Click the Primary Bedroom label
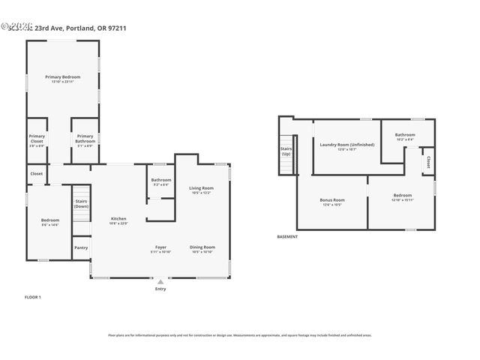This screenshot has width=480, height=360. [x=62, y=77]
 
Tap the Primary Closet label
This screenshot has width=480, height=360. [x=37, y=139]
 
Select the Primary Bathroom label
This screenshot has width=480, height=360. [x=85, y=139]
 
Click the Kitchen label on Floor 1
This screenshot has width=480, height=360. [x=118, y=219]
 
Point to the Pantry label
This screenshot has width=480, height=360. [x=81, y=247]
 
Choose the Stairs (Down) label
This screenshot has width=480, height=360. [x=81, y=203]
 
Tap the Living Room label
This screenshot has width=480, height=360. [x=201, y=188]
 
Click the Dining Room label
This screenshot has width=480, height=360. [x=202, y=247]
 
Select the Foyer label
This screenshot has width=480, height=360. [x=160, y=247]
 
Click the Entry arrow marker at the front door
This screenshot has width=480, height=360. [x=160, y=283]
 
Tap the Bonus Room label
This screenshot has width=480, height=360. [x=331, y=200]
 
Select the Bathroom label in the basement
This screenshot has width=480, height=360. [x=404, y=135]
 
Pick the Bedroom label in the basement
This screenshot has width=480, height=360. [x=403, y=196]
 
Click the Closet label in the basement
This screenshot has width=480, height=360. [x=428, y=160]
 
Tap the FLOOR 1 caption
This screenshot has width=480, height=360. [x=33, y=298]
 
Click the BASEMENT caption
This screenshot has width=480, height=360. [x=287, y=237]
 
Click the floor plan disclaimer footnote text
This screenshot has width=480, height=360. [x=240, y=335]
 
